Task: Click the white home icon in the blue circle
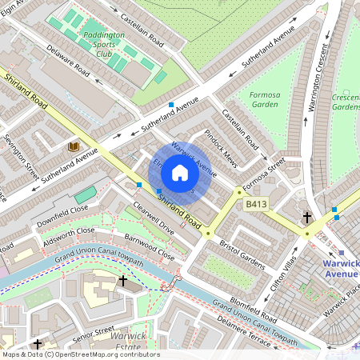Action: [x=180, y=172]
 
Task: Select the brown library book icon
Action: [x=74, y=147]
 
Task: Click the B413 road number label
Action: [x=255, y=206]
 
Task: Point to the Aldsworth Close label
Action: [x=69, y=233]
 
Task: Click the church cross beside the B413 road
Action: [x=306, y=217]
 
